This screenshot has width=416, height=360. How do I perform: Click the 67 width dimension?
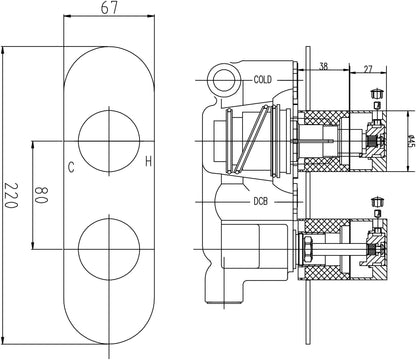109,8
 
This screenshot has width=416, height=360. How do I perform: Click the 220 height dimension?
10,195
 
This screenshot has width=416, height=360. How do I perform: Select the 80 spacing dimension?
42,195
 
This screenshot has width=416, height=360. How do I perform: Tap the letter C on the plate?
71,167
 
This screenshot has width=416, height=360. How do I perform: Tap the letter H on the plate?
149,161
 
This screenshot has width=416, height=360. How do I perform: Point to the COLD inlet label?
263,80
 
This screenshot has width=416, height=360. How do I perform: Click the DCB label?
260,201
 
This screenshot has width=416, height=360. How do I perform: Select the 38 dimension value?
324,66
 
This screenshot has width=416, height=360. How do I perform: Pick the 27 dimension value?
368,69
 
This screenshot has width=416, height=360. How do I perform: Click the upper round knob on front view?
109,141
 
